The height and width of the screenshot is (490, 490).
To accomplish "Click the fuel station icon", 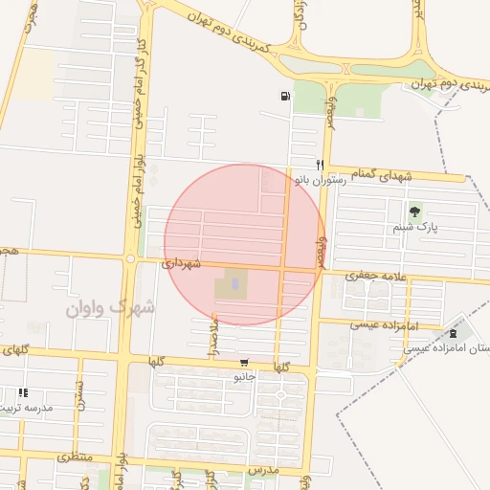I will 285,96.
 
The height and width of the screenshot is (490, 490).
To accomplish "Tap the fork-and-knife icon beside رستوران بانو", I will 321,164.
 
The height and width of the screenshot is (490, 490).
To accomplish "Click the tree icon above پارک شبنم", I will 414,212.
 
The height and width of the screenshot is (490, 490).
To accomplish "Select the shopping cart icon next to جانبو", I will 246,363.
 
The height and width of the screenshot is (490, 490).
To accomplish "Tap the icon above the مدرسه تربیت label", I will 23,392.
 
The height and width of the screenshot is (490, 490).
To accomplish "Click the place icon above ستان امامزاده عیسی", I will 453,333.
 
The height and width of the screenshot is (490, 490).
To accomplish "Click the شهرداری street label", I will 181,262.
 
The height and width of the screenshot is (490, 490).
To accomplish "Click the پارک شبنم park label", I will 413,229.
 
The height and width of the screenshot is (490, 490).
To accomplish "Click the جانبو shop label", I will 246,377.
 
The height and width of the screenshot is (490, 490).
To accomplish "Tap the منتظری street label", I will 77,457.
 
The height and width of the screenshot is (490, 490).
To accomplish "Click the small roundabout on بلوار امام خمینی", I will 130,258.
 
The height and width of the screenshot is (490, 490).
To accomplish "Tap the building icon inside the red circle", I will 234,284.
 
